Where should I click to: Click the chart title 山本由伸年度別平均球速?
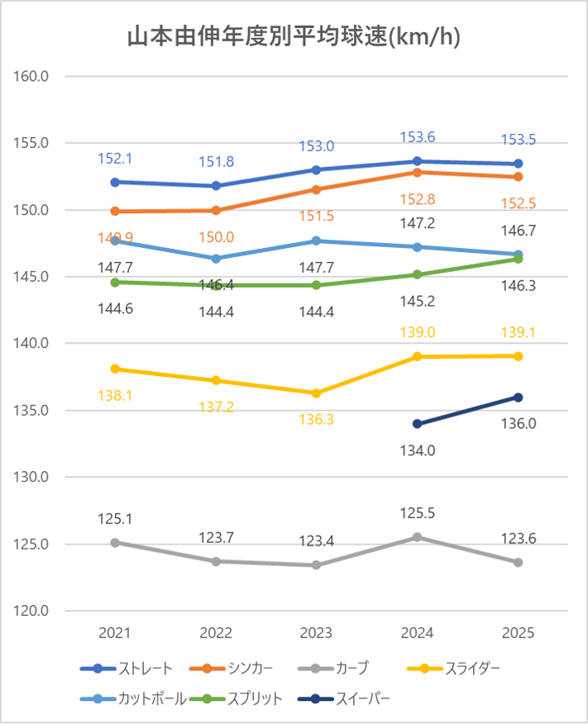[x=294, y=37]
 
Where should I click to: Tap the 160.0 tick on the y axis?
[x=31, y=76]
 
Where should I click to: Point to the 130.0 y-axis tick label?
[x=31, y=478]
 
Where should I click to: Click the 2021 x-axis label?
[x=115, y=633]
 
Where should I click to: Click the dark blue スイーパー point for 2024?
[x=418, y=424]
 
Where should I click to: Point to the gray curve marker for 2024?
[x=418, y=537]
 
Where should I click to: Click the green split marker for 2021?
[x=115, y=282]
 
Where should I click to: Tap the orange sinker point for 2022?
[x=216, y=210]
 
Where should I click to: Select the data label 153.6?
[x=418, y=137]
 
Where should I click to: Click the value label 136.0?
[x=519, y=423]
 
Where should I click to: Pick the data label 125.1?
[x=115, y=520]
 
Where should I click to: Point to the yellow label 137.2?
[x=216, y=407]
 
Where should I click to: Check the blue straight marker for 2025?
[x=519, y=164]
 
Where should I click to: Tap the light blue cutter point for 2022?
[x=216, y=259]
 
